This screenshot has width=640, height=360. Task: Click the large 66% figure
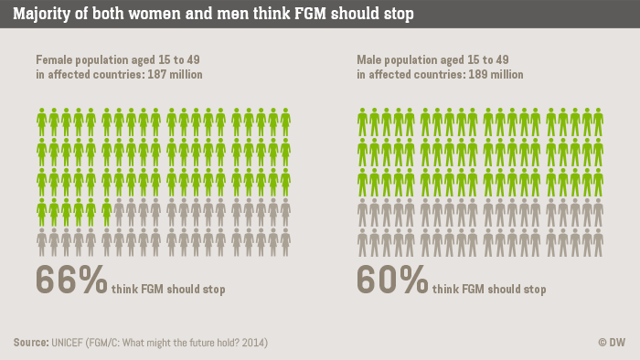71,280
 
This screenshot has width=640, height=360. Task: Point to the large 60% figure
392,280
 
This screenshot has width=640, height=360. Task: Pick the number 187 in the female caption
157,74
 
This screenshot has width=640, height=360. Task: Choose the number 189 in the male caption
479,74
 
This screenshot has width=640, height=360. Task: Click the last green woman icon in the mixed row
107,212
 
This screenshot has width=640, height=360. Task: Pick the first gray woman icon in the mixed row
120,212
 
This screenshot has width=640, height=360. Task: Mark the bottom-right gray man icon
598,242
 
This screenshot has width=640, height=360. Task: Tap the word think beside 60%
446,290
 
